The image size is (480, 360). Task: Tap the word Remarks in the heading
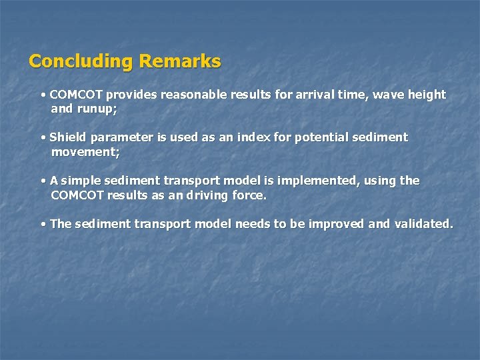click(180, 61)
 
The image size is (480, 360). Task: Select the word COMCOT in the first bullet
click(76, 95)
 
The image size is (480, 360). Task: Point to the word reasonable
click(193, 95)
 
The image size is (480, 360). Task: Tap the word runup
click(97, 109)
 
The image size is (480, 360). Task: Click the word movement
click(84, 151)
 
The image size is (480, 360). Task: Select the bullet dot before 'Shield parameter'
click(43, 138)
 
